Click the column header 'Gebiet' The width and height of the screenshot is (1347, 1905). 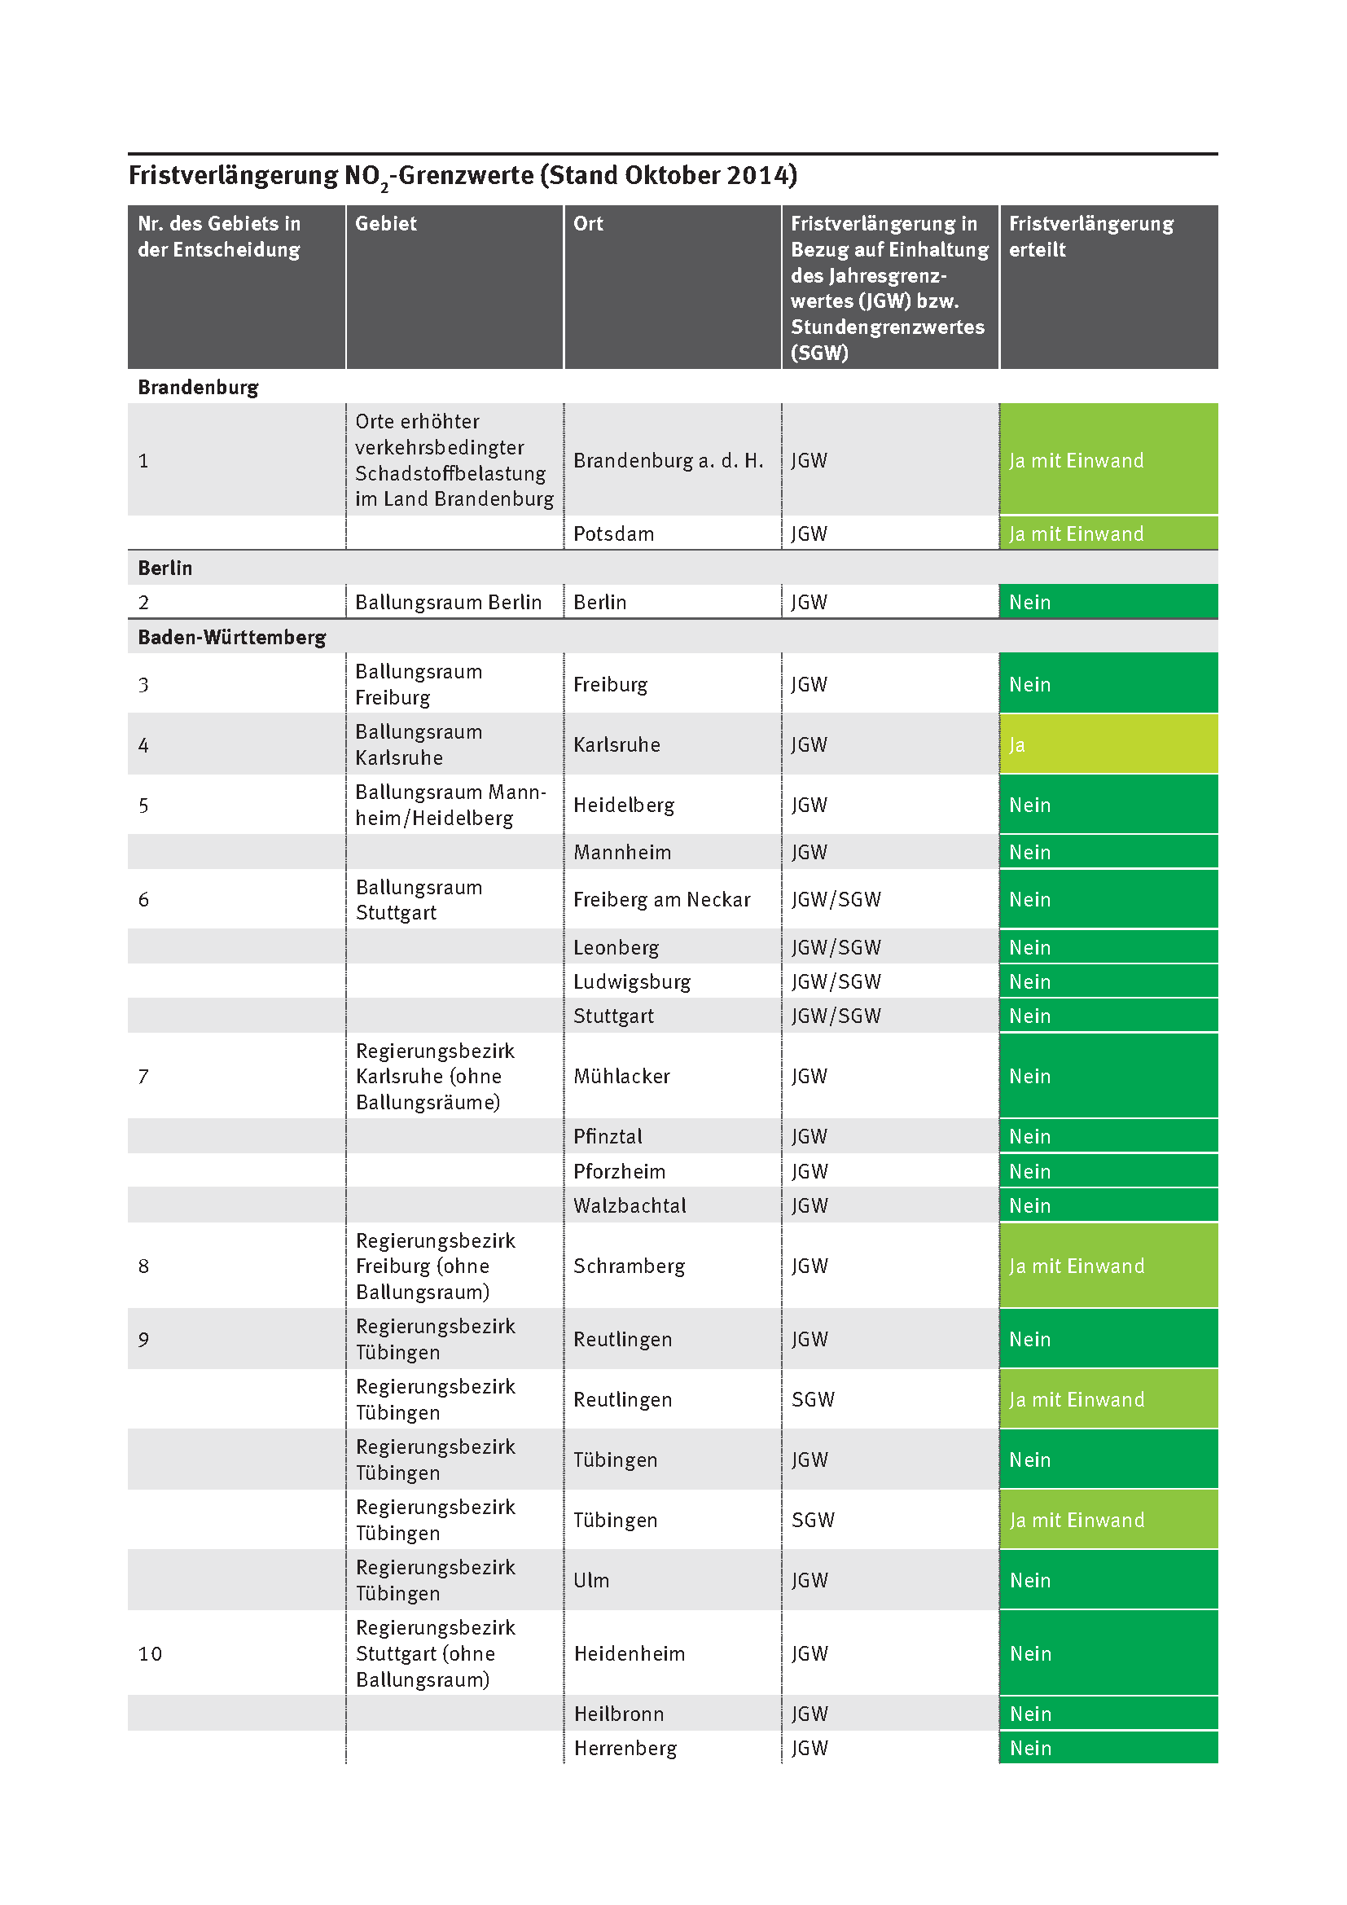[386, 223]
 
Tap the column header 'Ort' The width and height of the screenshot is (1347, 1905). [588, 223]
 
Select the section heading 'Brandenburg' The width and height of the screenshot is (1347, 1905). [198, 388]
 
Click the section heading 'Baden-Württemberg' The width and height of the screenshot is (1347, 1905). [231, 637]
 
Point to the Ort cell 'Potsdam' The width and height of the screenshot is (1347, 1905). [614, 533]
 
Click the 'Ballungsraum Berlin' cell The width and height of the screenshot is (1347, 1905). [448, 603]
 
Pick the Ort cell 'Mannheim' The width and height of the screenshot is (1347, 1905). [622, 852]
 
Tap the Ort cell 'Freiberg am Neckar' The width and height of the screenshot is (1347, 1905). [662, 899]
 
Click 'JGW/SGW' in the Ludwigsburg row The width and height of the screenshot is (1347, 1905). [836, 981]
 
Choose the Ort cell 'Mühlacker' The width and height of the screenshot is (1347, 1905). [622, 1076]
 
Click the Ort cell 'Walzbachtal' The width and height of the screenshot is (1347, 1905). [630, 1205]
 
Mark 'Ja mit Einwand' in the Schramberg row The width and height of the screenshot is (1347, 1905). [1077, 1266]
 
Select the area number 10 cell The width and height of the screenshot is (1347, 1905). [150, 1653]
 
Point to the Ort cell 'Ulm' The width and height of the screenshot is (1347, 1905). [591, 1581]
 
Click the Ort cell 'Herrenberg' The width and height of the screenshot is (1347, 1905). [625, 1748]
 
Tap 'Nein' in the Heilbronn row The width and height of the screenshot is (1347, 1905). [1030, 1714]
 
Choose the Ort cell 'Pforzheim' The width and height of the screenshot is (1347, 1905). [620, 1171]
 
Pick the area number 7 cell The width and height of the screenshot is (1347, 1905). [143, 1076]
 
